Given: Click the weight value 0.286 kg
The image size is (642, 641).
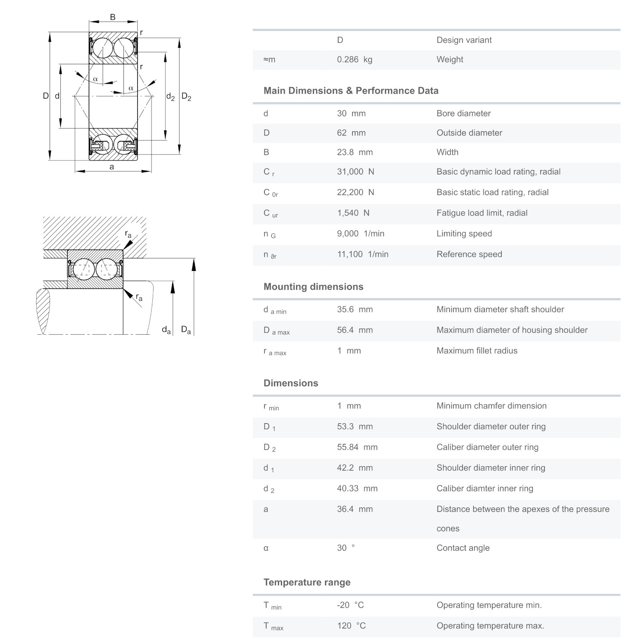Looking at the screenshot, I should (354, 60).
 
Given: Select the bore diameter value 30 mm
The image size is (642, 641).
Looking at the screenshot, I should (351, 113).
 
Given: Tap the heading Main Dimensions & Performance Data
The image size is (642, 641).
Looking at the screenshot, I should (351, 91).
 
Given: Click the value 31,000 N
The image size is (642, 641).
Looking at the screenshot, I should (355, 172).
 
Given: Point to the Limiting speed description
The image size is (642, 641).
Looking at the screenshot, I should (464, 234).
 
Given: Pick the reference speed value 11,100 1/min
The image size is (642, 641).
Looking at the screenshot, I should (362, 255).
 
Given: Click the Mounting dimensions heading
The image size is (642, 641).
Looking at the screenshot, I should (313, 287).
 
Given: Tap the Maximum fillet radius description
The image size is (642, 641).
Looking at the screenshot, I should (477, 351).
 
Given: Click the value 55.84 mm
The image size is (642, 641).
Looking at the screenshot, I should (357, 447).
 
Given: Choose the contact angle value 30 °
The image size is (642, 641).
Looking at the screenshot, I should (346, 548).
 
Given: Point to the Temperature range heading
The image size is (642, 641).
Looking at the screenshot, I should (307, 582).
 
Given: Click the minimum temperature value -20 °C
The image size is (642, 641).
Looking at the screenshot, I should (350, 605).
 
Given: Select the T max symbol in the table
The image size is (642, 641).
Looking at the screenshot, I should (273, 626).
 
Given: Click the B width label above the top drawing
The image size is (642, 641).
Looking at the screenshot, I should (113, 17).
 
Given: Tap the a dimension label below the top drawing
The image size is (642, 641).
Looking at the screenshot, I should (112, 167).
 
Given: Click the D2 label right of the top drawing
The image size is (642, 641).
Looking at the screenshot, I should (186, 97).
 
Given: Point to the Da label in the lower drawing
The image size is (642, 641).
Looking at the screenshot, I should (186, 330).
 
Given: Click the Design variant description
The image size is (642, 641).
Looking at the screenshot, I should (464, 40).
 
